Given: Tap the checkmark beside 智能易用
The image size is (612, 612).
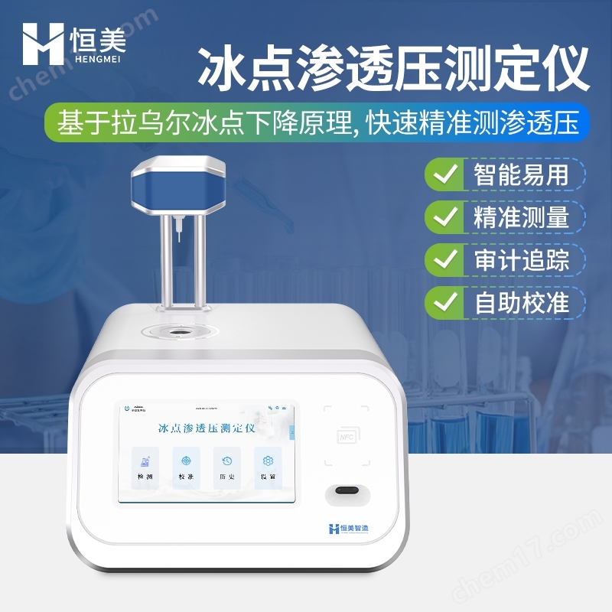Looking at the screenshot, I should (443, 175).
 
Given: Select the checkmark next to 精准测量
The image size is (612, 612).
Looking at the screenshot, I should (443, 218).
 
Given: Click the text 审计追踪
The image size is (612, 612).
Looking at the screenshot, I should (516, 260).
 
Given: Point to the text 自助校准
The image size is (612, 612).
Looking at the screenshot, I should (516, 302).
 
